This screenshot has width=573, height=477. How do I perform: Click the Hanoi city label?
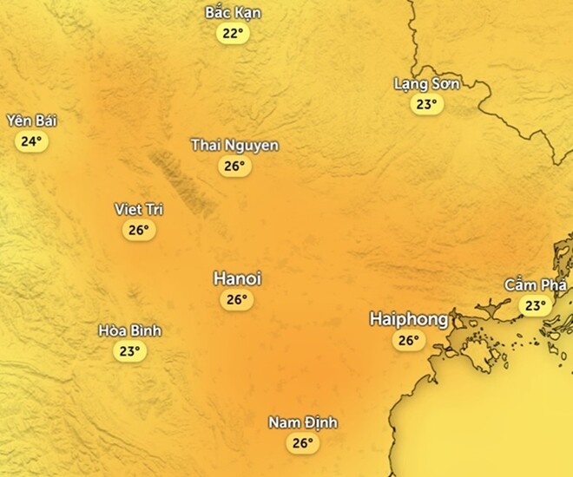click(237, 279)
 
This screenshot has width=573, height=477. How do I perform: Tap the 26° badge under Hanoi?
click(235, 300)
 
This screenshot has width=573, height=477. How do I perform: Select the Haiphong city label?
click(408, 319)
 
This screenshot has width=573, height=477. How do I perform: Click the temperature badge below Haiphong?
click(408, 341)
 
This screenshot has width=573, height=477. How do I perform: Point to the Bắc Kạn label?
click(233, 13)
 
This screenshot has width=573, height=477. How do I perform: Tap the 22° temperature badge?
click(233, 34)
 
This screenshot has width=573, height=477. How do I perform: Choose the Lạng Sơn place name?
click(426, 83)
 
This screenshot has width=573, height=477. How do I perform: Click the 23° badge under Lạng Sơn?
click(425, 105)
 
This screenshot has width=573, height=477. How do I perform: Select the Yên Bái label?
click(31, 121)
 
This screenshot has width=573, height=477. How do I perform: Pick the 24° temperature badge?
click(31, 141)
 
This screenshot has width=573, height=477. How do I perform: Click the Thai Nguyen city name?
click(234, 145)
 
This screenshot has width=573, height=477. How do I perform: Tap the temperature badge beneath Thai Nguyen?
click(234, 166)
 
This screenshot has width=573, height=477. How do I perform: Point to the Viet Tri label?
click(139, 209)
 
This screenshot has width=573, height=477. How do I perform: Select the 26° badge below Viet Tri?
click(139, 230)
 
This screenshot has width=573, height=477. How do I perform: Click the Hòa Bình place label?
click(129, 330)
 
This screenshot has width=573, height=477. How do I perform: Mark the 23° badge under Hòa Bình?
click(129, 351)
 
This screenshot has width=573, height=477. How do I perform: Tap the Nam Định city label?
click(302, 422)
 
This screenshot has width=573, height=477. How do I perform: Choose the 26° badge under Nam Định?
click(302, 443)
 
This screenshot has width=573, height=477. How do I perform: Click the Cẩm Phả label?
click(535, 284)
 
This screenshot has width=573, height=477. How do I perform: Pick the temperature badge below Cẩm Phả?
click(535, 305)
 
